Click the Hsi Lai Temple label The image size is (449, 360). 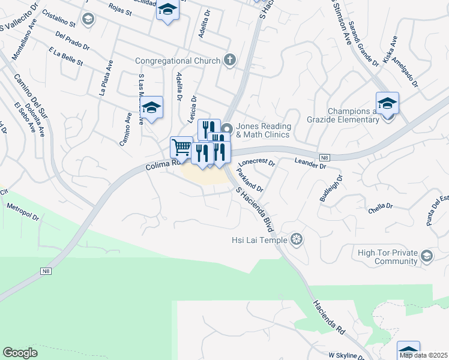pyautogui.click(x=259, y=241)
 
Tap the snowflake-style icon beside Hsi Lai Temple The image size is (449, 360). pyautogui.click(x=296, y=241)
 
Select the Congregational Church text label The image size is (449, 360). pyautogui.click(x=177, y=61)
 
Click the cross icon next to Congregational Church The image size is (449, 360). pyautogui.click(x=228, y=60)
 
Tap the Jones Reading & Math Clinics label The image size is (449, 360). pyautogui.click(x=264, y=130)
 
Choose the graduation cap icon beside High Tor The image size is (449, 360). pyautogui.click(x=426, y=257)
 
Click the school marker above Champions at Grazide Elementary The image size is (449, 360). pyautogui.click(x=387, y=103)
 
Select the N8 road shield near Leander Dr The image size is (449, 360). pyautogui.click(x=325, y=158)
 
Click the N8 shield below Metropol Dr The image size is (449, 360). pyautogui.click(x=46, y=271)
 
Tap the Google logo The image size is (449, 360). pyautogui.click(x=20, y=353)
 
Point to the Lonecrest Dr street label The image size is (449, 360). pyautogui.click(x=256, y=163)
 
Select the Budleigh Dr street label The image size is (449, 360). pyautogui.click(x=331, y=189)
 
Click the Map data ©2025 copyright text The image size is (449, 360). pyautogui.click(x=424, y=355)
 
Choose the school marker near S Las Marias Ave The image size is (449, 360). pyautogui.click(x=152, y=107)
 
